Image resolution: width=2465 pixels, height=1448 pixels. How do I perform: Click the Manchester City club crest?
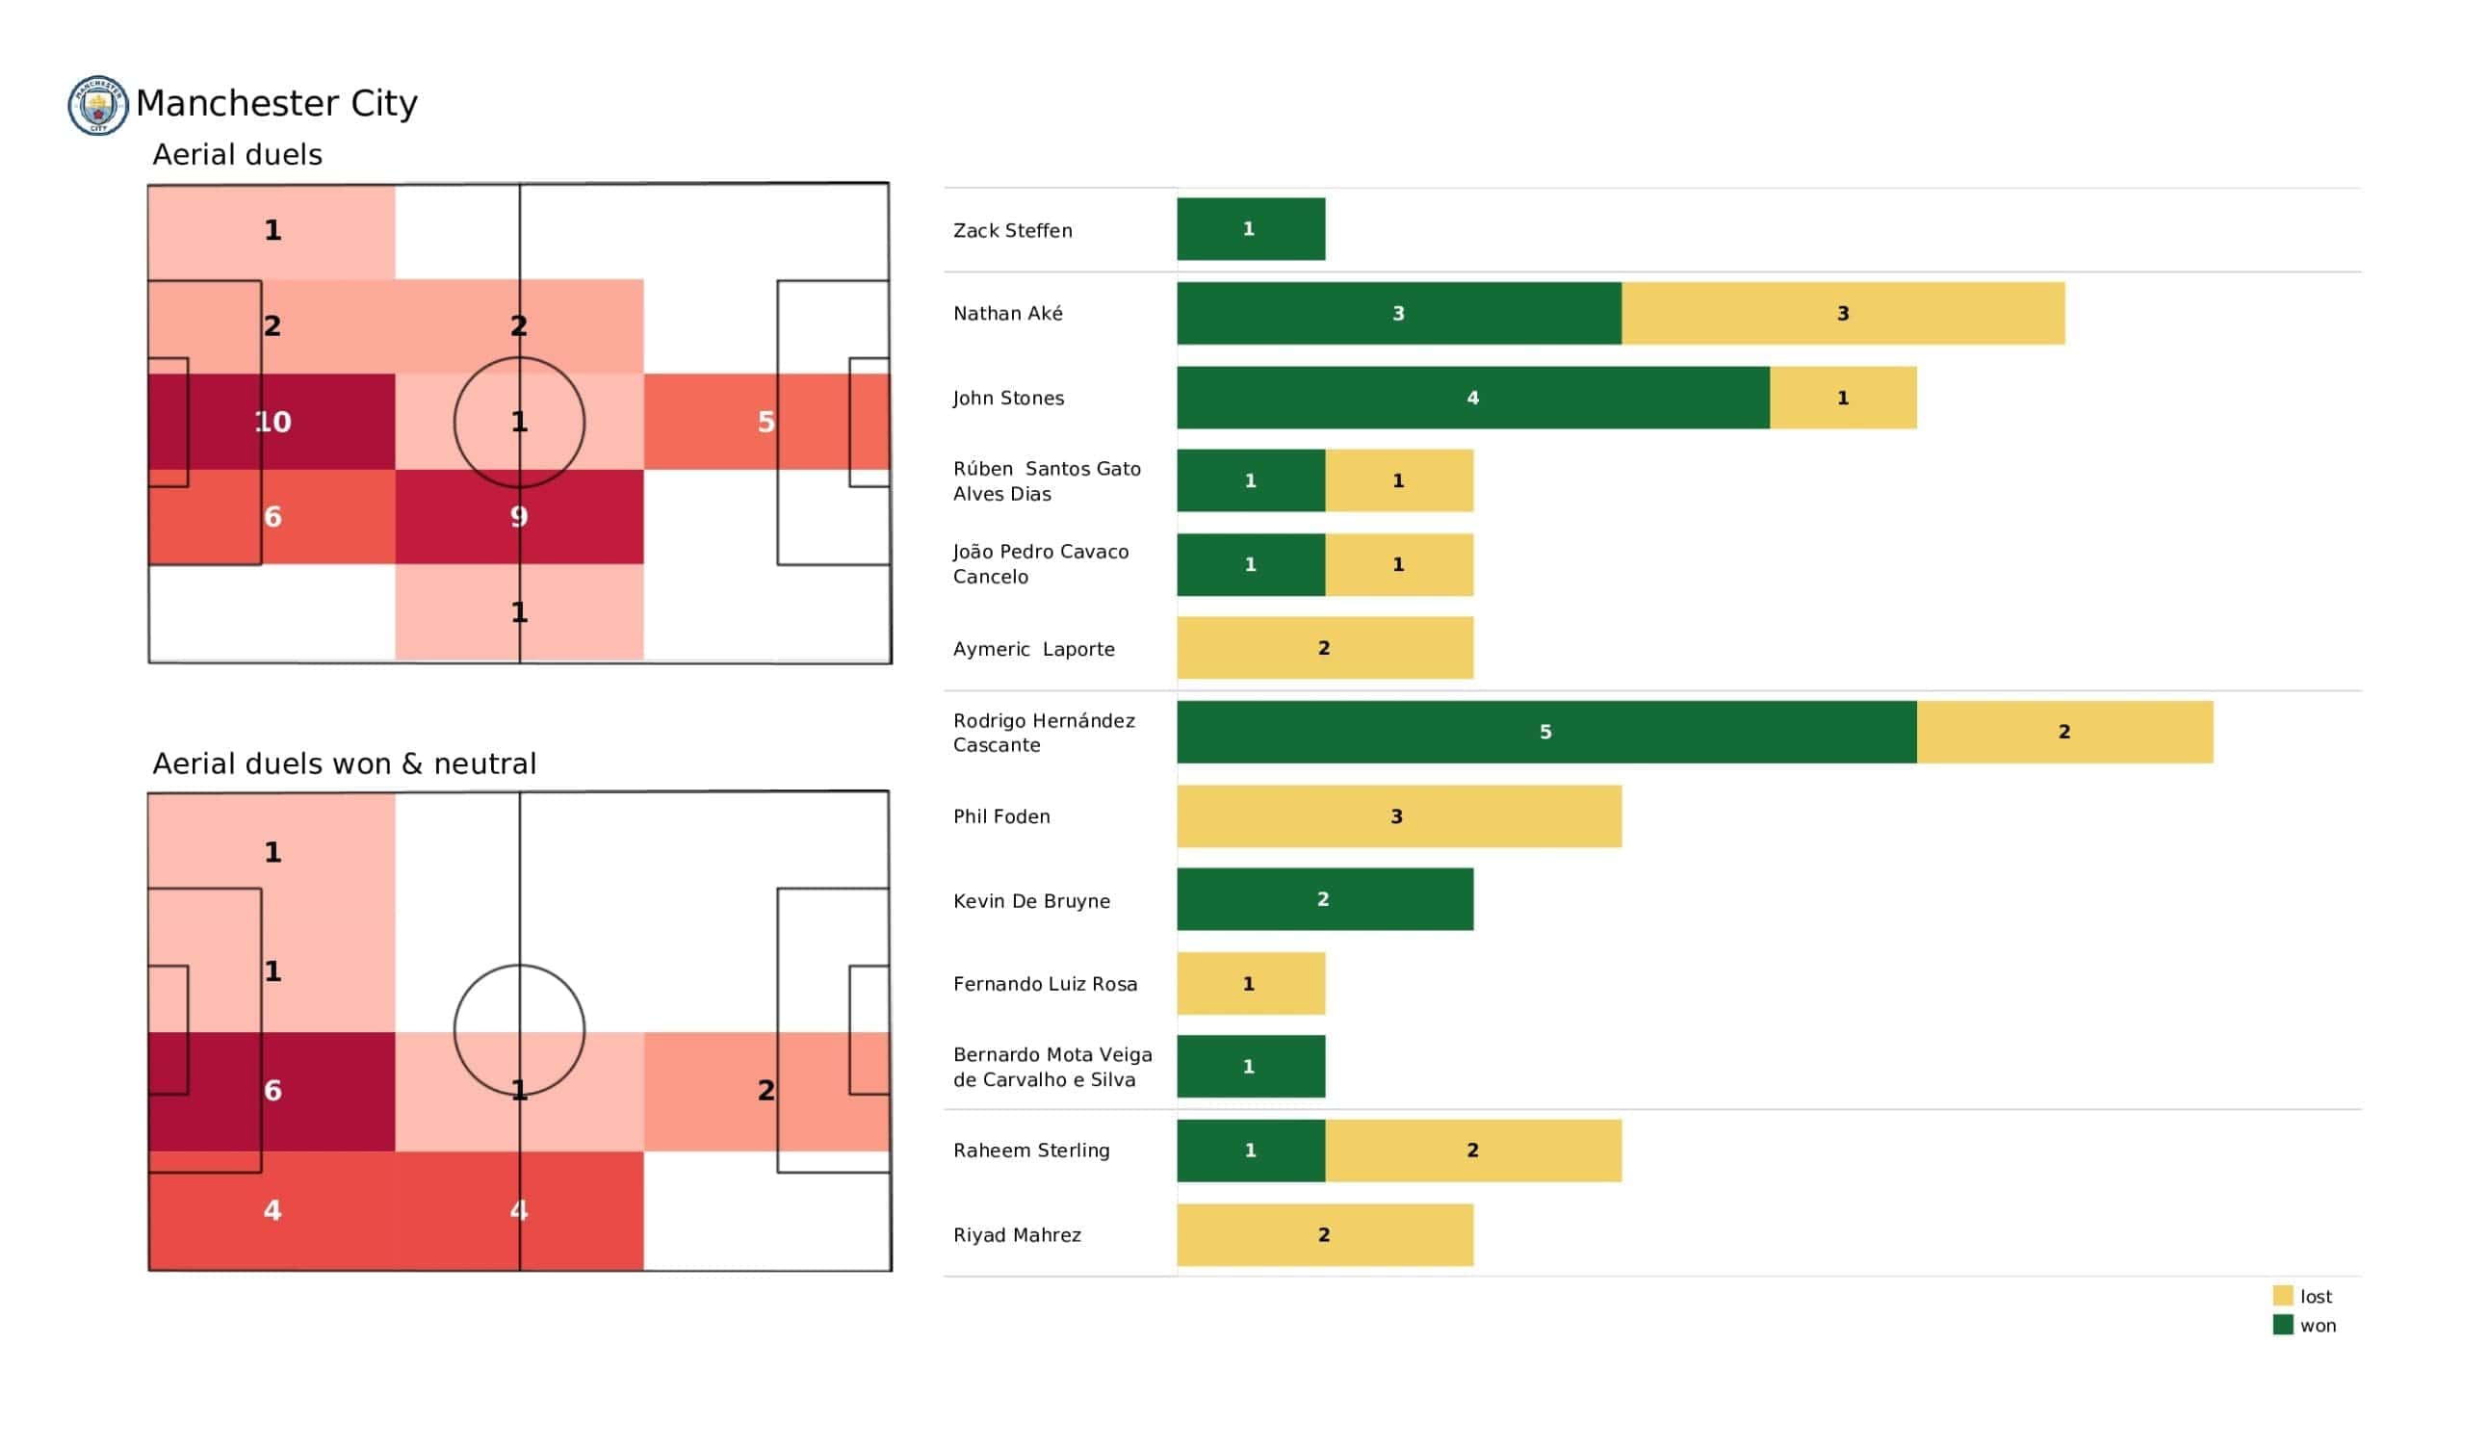[98, 105]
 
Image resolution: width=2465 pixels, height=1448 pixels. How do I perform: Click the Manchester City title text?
[275, 103]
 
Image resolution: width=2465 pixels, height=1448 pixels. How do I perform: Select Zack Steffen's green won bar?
[1250, 229]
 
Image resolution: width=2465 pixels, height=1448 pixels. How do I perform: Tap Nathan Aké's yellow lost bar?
[1842, 313]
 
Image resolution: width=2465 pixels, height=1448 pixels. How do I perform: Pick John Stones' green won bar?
[1472, 398]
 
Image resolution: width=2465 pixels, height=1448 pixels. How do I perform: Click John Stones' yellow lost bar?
[1842, 398]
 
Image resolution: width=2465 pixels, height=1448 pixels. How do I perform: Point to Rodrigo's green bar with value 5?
[1545, 732]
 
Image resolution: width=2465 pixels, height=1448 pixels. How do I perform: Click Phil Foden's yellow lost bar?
[1398, 816]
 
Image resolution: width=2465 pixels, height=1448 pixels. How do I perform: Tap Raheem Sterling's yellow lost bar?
[1472, 1151]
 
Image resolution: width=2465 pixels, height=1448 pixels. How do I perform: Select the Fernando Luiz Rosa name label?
[1045, 984]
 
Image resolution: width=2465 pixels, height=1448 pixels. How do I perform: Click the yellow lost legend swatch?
[2282, 1295]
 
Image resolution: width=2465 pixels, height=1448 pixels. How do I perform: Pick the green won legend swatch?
[2282, 1325]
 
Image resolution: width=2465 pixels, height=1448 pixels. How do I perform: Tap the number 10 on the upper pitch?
[272, 422]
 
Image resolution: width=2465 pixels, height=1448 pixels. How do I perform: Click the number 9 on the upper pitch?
[518, 517]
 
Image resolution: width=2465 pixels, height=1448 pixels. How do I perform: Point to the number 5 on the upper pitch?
[765, 422]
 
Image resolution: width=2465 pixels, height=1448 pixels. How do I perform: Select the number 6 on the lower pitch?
[272, 1090]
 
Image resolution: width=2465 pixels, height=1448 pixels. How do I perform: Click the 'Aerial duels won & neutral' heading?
[345, 763]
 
